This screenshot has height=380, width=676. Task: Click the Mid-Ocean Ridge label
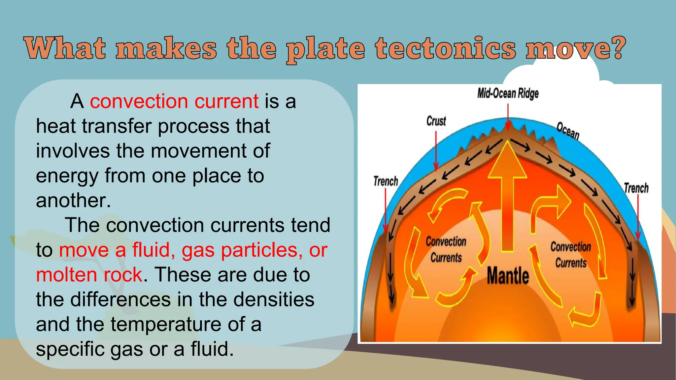coord(508,94)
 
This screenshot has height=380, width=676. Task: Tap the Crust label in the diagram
coord(436,121)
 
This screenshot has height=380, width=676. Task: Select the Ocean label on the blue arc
coord(568,131)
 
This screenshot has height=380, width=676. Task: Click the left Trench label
coord(386,181)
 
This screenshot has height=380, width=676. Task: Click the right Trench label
coord(636,188)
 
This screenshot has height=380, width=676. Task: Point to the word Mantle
coord(508,276)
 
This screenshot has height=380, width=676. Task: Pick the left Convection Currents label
coord(446,249)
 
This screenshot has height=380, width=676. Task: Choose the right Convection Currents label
coord(571,255)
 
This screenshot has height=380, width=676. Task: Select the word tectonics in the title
coord(445,49)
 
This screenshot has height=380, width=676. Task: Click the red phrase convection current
coord(174,101)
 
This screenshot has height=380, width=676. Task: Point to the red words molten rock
coord(89,275)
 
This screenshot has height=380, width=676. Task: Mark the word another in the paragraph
coord(73,201)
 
